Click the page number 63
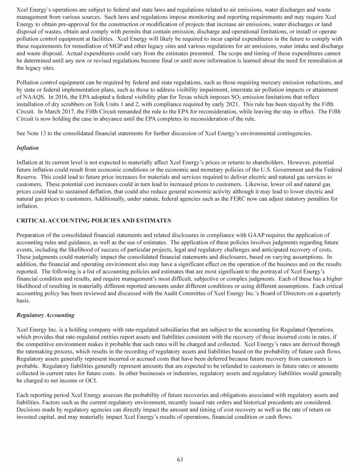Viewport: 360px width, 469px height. (180, 459)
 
